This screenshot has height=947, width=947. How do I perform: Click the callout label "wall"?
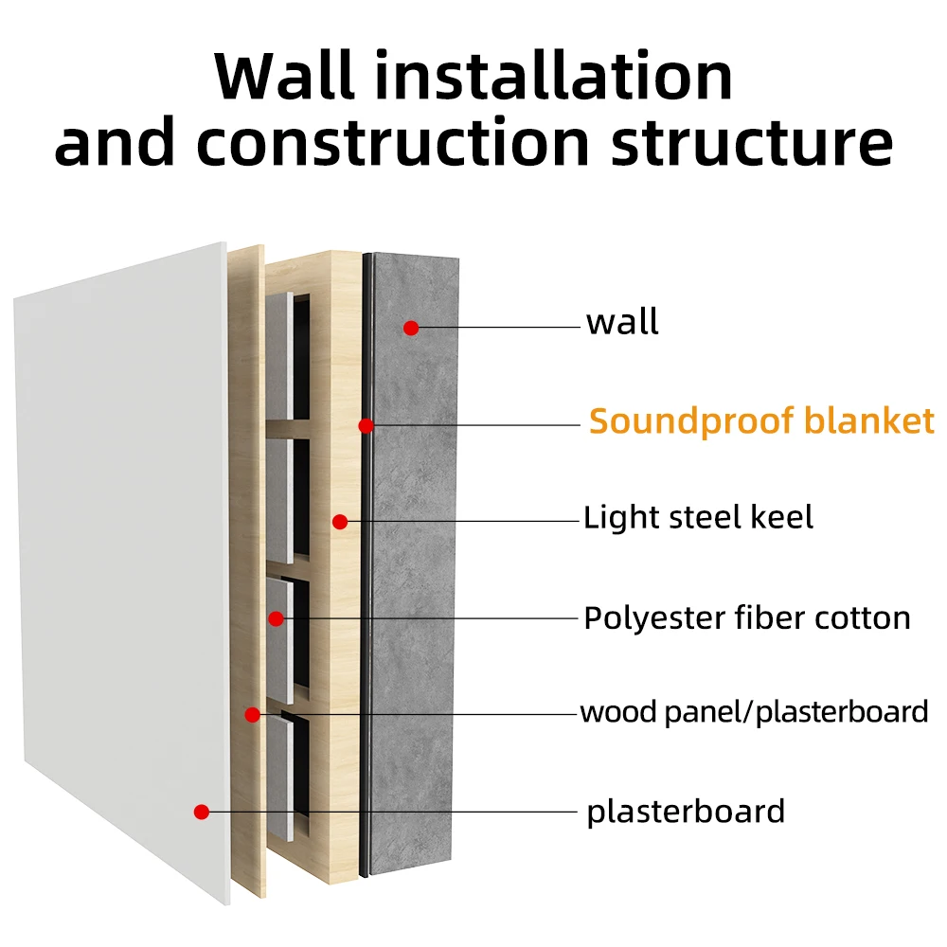click(622, 323)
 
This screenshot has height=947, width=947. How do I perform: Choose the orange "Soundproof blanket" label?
click(761, 420)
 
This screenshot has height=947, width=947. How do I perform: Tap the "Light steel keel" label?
click(698, 518)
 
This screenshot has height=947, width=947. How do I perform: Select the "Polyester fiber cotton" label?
click(746, 618)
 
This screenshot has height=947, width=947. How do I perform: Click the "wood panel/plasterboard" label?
click(754, 711)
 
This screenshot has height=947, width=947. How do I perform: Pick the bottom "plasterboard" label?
click(686, 812)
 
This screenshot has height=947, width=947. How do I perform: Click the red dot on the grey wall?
click(410, 328)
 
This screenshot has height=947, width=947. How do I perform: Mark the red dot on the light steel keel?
click(340, 522)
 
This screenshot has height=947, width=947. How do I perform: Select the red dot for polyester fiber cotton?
click(276, 619)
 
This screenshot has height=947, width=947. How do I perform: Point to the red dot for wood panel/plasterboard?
click(252, 715)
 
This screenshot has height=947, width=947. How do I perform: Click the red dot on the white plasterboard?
click(201, 812)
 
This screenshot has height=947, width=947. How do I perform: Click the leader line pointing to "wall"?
click(497, 328)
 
